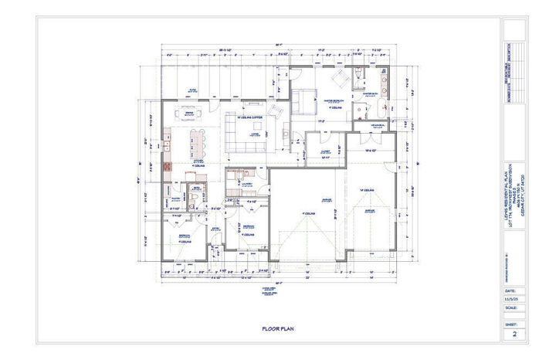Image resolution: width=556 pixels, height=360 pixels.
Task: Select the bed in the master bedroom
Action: click(304, 98)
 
